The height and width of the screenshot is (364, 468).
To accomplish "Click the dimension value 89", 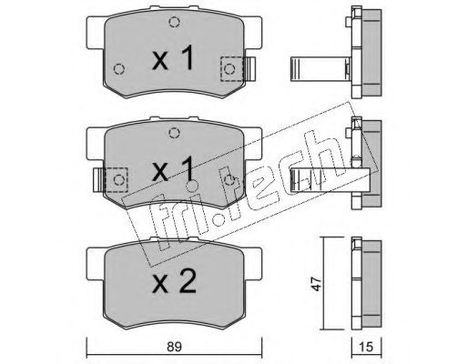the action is click(174, 347).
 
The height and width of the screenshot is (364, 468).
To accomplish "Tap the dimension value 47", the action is click(317, 284).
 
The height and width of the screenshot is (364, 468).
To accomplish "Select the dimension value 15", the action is click(367, 347).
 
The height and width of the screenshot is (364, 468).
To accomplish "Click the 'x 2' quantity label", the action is click(174, 281).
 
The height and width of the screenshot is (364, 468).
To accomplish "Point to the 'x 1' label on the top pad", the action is click(173, 57).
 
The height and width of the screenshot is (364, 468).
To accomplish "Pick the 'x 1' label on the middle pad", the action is click(173, 168).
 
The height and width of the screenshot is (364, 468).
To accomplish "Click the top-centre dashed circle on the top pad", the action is click(174, 22).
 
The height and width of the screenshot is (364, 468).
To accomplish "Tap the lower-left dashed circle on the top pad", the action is click(119, 69).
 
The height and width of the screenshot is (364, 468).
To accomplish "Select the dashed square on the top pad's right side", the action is click(232, 69).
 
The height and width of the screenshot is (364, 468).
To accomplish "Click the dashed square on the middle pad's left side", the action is click(116, 180).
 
